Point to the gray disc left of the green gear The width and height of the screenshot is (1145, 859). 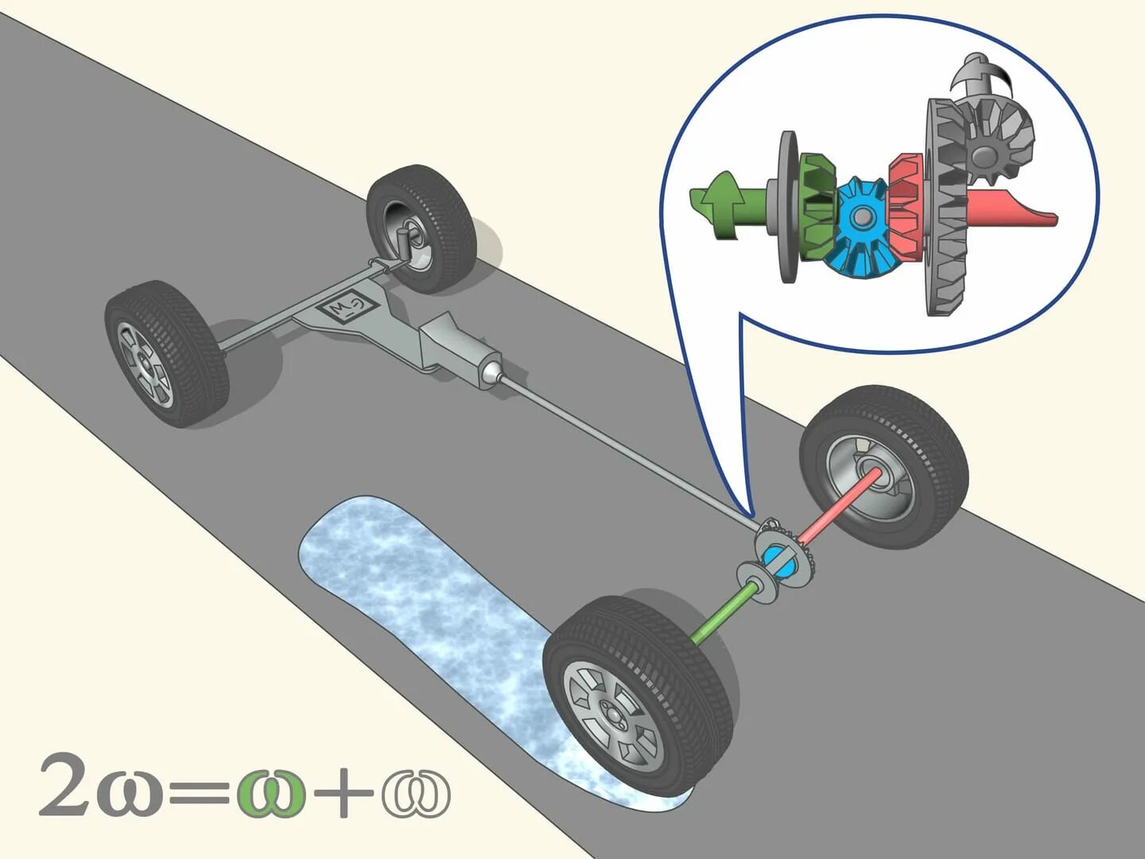click(x=788, y=207)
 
